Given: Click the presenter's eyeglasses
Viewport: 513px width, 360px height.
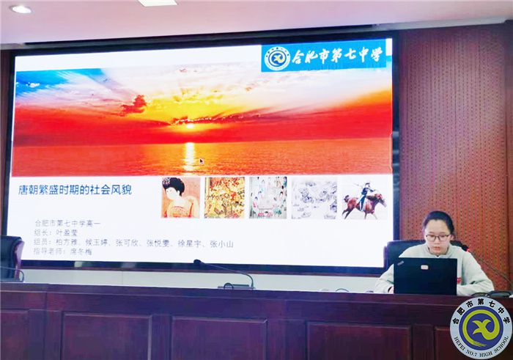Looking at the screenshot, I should tap(438, 237).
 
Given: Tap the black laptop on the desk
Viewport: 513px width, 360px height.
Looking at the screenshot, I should tap(425, 276).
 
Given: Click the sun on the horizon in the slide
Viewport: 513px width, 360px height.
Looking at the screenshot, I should tap(190, 125).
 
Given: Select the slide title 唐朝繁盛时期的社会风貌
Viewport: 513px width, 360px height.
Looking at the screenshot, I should tap(75, 189).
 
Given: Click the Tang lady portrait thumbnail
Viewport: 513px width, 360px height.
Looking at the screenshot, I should tap(180, 197).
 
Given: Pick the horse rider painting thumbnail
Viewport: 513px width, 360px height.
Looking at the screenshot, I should tap(363, 197).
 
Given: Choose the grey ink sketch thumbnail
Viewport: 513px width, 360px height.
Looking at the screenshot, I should tap(314, 197).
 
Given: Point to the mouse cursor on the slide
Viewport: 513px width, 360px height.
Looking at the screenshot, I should tap(202, 161).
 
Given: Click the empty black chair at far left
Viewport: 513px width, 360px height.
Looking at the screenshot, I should tap(10, 257).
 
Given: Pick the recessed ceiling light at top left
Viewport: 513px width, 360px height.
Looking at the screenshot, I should tap(20, 9).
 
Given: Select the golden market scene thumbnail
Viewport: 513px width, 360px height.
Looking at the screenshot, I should tap(224, 197).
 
